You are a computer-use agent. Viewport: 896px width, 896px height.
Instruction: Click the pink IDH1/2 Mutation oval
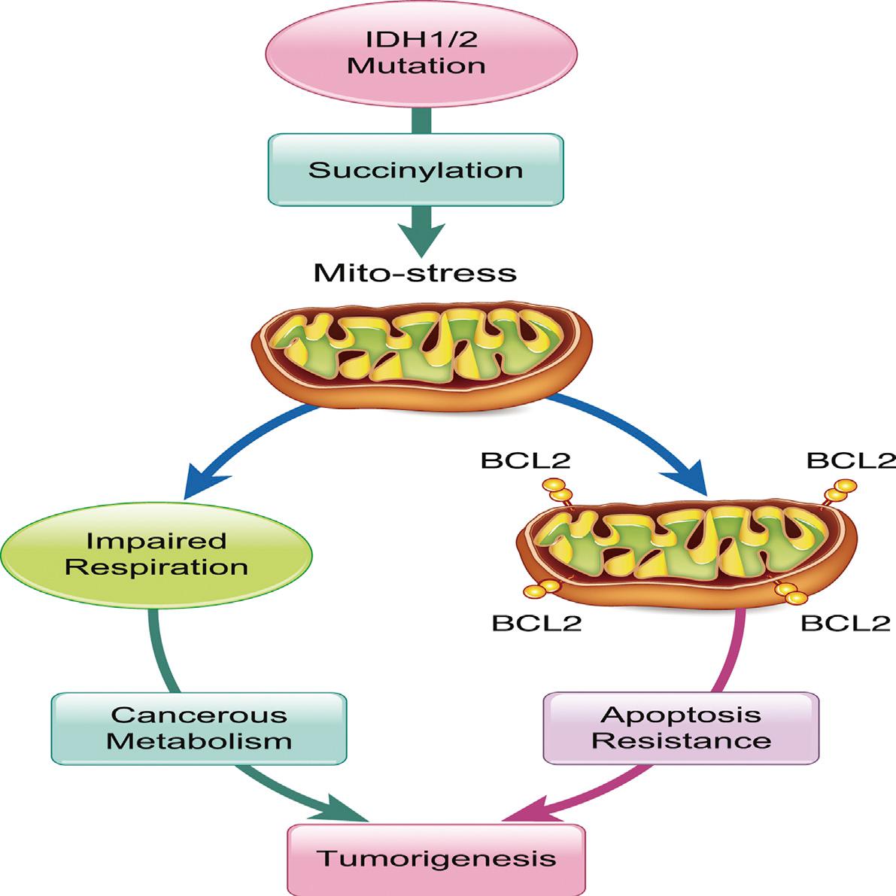click(x=421, y=53)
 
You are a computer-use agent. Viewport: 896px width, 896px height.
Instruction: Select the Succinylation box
click(x=415, y=169)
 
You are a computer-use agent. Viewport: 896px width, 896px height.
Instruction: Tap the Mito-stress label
click(x=415, y=272)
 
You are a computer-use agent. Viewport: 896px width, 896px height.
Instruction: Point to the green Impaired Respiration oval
click(x=156, y=554)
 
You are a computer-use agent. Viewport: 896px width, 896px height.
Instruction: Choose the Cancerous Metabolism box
click(x=199, y=727)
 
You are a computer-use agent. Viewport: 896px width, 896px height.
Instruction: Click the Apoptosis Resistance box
click(x=681, y=727)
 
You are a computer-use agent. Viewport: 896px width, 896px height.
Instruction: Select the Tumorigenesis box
click(x=436, y=858)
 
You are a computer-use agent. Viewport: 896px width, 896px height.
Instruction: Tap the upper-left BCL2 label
click(x=526, y=460)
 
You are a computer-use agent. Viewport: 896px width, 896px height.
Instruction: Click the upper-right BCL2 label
click(x=851, y=460)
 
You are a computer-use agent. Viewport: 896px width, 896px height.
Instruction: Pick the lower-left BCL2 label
click(x=536, y=623)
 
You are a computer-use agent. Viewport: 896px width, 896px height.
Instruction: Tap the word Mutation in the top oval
click(x=416, y=65)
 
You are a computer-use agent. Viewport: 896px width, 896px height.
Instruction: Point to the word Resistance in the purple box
click(x=681, y=740)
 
